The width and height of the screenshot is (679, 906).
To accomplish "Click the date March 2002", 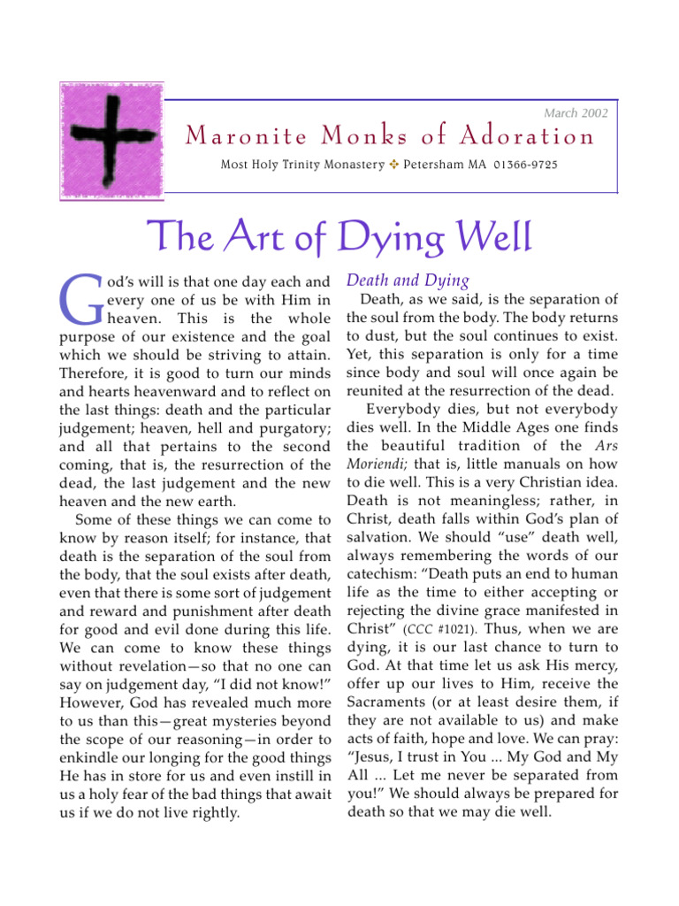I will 576,113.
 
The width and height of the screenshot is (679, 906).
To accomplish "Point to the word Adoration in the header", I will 529,137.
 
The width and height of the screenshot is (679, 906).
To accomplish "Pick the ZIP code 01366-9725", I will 526,165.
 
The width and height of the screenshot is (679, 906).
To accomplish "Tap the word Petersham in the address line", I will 439,165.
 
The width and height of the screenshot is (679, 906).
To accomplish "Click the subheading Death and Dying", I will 408,280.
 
